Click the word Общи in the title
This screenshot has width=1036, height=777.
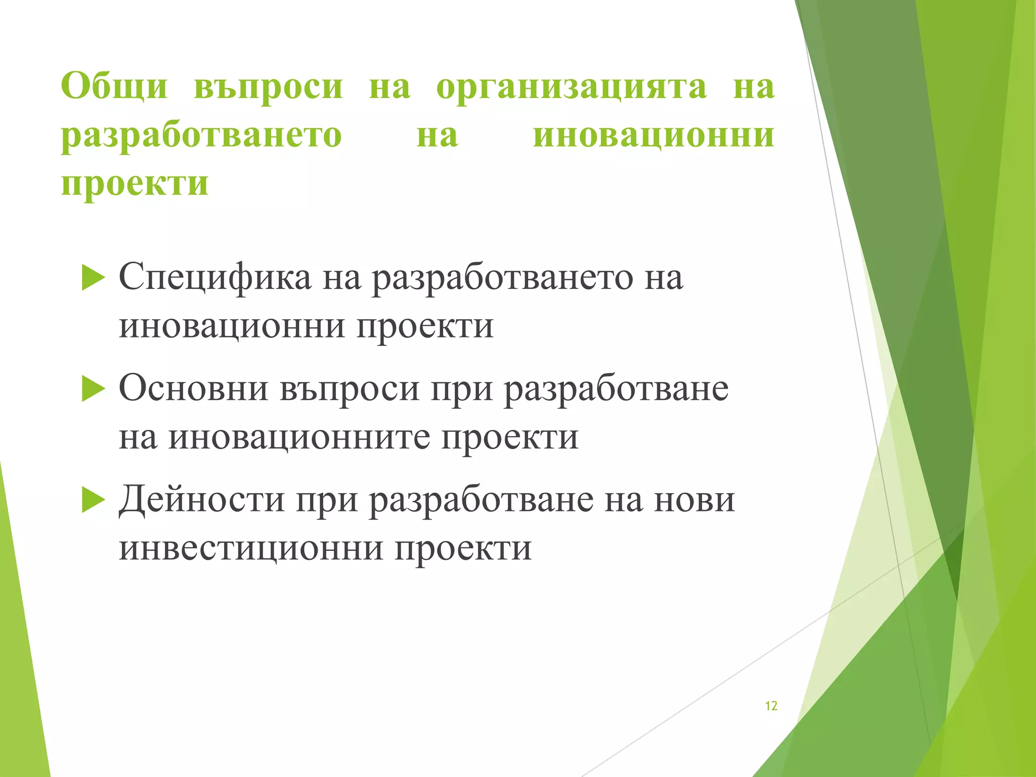pyautogui.click(x=114, y=86)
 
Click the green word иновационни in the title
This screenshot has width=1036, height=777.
pyautogui.click(x=654, y=136)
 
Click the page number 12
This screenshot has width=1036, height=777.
pyautogui.click(x=771, y=706)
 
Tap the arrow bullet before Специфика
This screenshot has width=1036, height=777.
pyautogui.click(x=93, y=278)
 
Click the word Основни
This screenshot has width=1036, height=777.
pyautogui.click(x=193, y=388)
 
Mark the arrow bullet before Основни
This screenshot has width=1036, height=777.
pyautogui.click(x=93, y=390)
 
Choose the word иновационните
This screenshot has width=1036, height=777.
pyautogui.click(x=299, y=437)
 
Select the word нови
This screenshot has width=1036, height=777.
pyautogui.click(x=694, y=500)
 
